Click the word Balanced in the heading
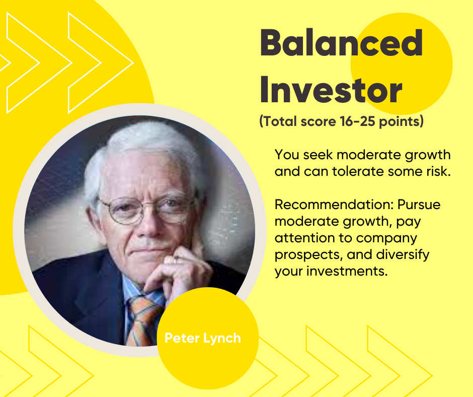click(x=341, y=43)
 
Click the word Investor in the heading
click(x=331, y=90)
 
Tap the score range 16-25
click(x=357, y=121)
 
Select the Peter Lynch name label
click(x=202, y=339)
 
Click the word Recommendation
click(x=334, y=205)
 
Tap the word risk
click(x=439, y=171)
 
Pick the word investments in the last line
click(x=347, y=271)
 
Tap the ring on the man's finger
click(x=176, y=258)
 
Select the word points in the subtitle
click(x=399, y=122)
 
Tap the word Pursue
click(x=419, y=205)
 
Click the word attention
click(x=304, y=238)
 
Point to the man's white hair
click(x=142, y=142)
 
